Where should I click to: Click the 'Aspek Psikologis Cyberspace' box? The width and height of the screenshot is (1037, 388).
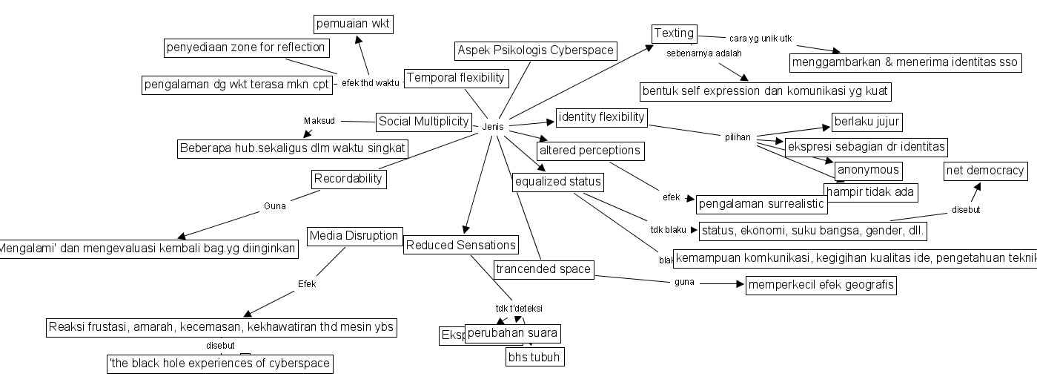coord(535,50)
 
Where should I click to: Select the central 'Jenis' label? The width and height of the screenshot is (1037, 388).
coord(492,127)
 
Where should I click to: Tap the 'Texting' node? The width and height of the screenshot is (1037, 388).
coord(674,33)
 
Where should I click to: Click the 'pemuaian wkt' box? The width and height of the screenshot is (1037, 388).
coord(353,24)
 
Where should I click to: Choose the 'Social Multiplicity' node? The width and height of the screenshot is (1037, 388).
coord(423,121)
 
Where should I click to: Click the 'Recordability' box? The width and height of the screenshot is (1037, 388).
coord(348,178)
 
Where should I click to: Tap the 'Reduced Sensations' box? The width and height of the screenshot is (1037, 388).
coord(460,245)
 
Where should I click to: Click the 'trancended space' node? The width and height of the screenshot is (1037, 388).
coord(543,269)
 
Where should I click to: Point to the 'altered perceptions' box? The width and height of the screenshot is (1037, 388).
coord(589,151)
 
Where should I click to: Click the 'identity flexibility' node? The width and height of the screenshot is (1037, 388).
coord(601,117)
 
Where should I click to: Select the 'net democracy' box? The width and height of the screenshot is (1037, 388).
coord(985,171)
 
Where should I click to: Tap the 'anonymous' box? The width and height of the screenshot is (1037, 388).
coord(868,170)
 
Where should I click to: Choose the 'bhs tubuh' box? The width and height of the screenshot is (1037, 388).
coord(534,357)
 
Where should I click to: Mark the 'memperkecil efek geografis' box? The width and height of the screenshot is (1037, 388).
coord(821,285)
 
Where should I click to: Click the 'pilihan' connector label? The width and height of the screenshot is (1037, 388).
coord(738,137)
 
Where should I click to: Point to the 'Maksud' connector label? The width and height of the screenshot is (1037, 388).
coord(319,121)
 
